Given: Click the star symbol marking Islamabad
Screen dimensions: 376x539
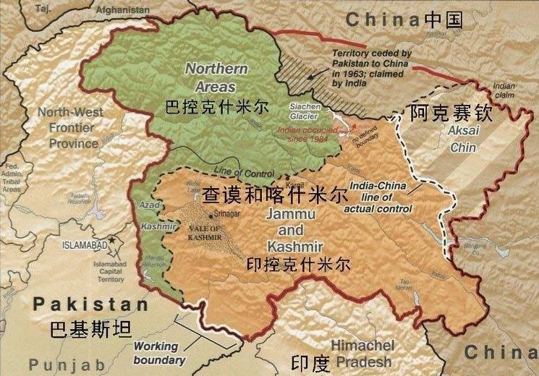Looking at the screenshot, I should [111, 239].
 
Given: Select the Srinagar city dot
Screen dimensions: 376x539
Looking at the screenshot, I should [210, 215].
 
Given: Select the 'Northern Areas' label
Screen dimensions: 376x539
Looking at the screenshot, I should [216, 77].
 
